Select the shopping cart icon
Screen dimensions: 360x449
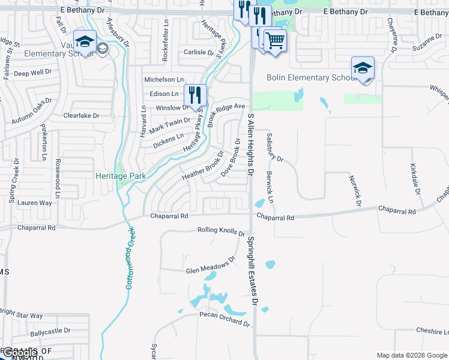click(x=275, y=41)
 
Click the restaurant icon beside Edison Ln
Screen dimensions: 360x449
click(x=195, y=94)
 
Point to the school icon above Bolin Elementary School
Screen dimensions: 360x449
click(x=363, y=68)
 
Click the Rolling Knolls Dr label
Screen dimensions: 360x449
click(x=221, y=231)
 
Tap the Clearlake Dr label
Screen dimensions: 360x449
click(x=81, y=115)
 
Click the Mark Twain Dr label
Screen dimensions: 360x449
click(x=170, y=125)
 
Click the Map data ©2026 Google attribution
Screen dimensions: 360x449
click(x=412, y=355)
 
